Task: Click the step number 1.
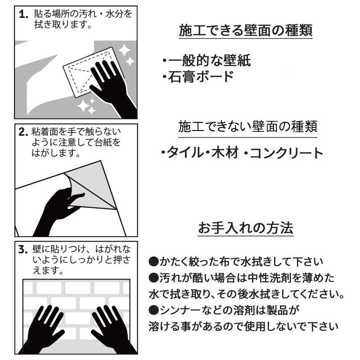(23, 14)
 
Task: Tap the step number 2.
(23, 132)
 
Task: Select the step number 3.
(23, 249)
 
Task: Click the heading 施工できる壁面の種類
(245, 31)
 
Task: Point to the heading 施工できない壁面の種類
(248, 126)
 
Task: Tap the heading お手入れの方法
(246, 228)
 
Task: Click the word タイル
(184, 153)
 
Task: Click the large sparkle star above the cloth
(124, 50)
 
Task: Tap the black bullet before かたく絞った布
(153, 262)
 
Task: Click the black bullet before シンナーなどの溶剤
(153, 310)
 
